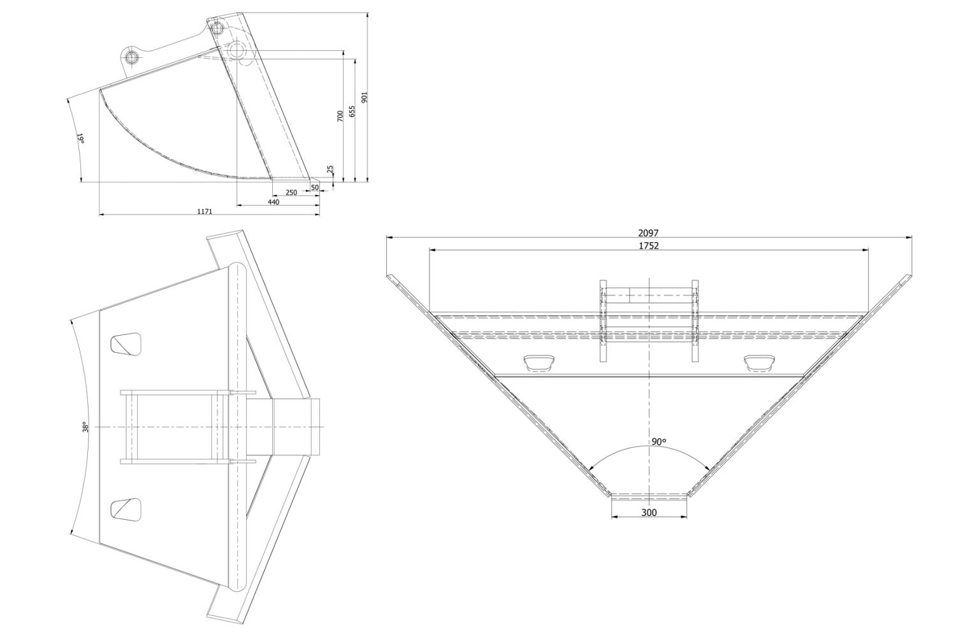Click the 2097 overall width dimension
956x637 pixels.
pyautogui.click(x=648, y=233)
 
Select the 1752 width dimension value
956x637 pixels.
pyautogui.click(x=648, y=246)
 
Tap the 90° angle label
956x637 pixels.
pyautogui.click(x=658, y=442)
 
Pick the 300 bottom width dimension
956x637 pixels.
pyautogui.click(x=649, y=513)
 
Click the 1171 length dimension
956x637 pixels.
pyautogui.click(x=205, y=211)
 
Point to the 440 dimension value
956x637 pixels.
pyautogui.click(x=273, y=202)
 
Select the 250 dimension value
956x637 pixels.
pyautogui.click(x=291, y=192)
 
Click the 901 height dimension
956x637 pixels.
pyautogui.click(x=364, y=97)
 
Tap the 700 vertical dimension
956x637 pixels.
pyautogui.click(x=340, y=116)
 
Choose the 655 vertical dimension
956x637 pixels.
pyautogui.click(x=352, y=111)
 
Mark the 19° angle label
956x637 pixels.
pyautogui.click(x=80, y=138)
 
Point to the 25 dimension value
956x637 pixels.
pyautogui.click(x=330, y=169)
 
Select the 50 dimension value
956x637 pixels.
pyautogui.click(x=315, y=187)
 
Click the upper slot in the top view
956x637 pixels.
pyautogui.click(x=126, y=344)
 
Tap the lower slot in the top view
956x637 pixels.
pyautogui.click(x=126, y=510)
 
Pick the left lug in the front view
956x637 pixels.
pyautogui.click(x=539, y=363)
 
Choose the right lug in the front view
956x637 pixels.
pyautogui.click(x=759, y=363)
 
